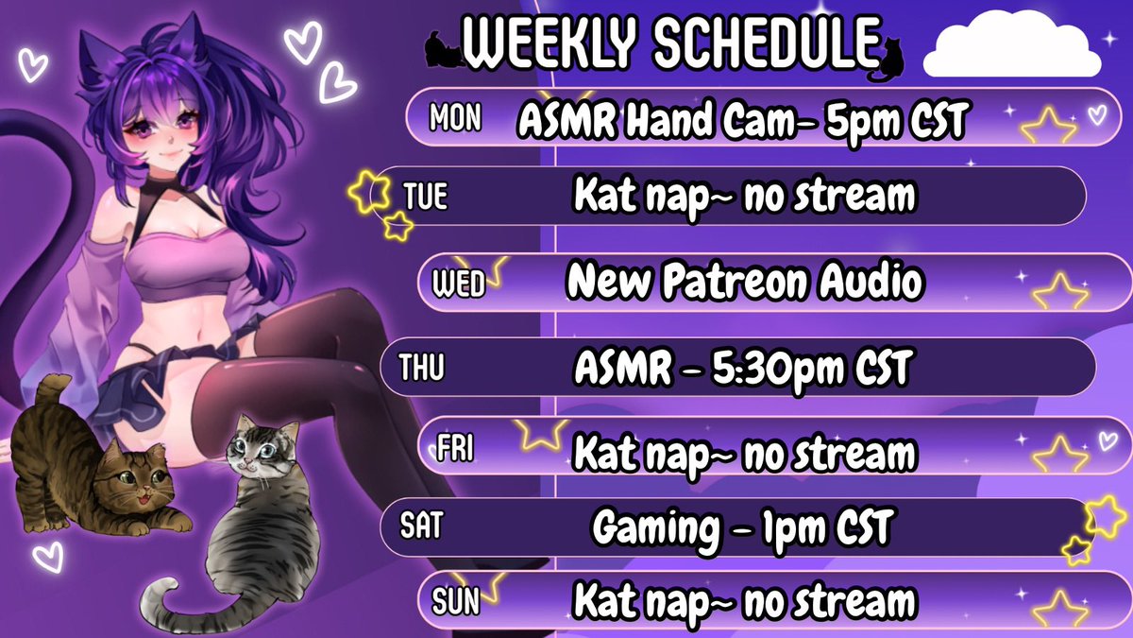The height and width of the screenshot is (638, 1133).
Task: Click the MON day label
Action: [455, 118]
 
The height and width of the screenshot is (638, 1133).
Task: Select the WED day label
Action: [458, 284]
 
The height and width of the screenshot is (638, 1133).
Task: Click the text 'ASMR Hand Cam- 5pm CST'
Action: [743, 120]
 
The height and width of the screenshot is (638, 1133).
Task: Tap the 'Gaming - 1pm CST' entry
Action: [743, 528]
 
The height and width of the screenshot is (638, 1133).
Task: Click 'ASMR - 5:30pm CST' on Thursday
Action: [743, 368]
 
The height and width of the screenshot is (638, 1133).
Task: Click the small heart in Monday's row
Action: [1096, 115]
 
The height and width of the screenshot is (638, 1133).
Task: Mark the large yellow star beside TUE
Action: [368, 193]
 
